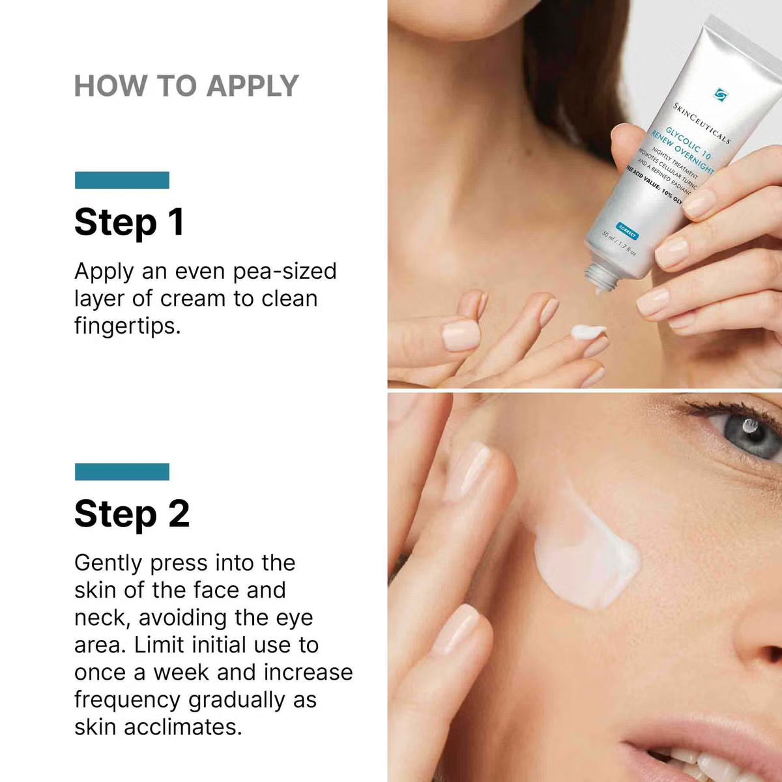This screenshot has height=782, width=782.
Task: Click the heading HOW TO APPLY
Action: pyautogui.click(x=186, y=86)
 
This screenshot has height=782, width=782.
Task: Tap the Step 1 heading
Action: pyautogui.click(x=129, y=222)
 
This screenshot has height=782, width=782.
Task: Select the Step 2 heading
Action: pyautogui.click(x=132, y=514)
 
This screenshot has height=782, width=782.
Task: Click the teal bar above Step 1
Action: pyautogui.click(x=122, y=181)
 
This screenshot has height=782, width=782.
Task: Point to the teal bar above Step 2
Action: pyautogui.click(x=122, y=472)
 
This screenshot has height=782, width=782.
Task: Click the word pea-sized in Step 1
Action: pyautogui.click(x=285, y=272)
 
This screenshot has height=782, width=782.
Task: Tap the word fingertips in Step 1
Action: pyautogui.click(x=126, y=326)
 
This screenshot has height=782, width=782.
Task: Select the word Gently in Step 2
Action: pyautogui.click(x=107, y=563)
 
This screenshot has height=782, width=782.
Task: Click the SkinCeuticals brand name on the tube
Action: pyautogui.click(x=701, y=123)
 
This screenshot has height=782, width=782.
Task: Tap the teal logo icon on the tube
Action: pyautogui.click(x=720, y=95)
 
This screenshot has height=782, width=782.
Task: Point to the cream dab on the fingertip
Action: pyautogui.click(x=588, y=332)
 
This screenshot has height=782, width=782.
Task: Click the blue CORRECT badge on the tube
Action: pyautogui.click(x=627, y=231)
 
